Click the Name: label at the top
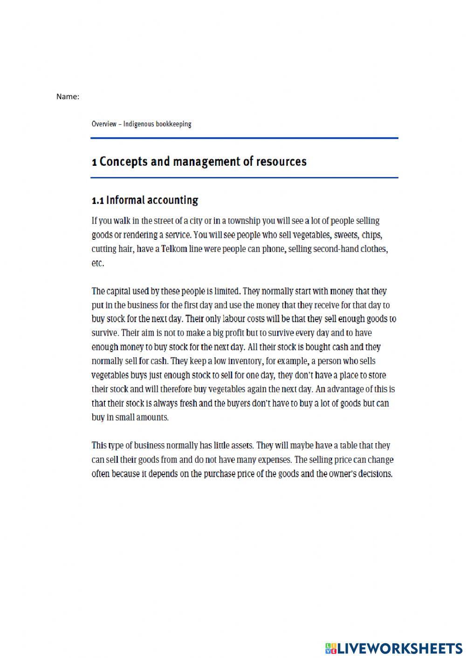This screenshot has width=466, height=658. click(68, 97)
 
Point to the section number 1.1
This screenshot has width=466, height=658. click(97, 201)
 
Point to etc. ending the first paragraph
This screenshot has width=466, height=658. click(98, 263)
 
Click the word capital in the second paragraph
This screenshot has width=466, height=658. click(120, 292)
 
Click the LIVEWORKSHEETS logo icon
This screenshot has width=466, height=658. click(331, 648)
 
